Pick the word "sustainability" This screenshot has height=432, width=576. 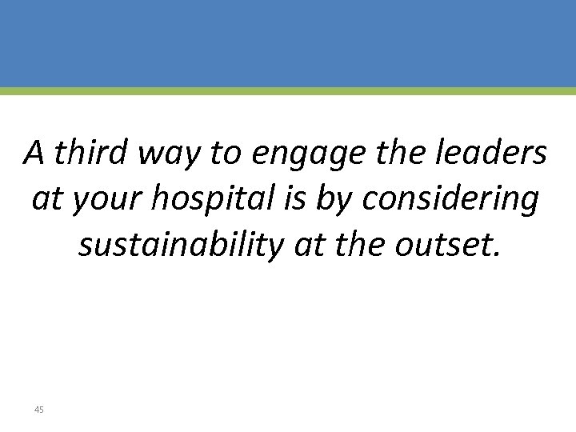click(180, 247)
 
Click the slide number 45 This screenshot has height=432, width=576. click(39, 410)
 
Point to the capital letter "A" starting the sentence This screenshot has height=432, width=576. click(34, 150)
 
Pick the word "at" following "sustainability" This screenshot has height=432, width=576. click(311, 246)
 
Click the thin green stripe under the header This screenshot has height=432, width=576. click(288, 91)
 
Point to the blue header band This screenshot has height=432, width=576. click(288, 43)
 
